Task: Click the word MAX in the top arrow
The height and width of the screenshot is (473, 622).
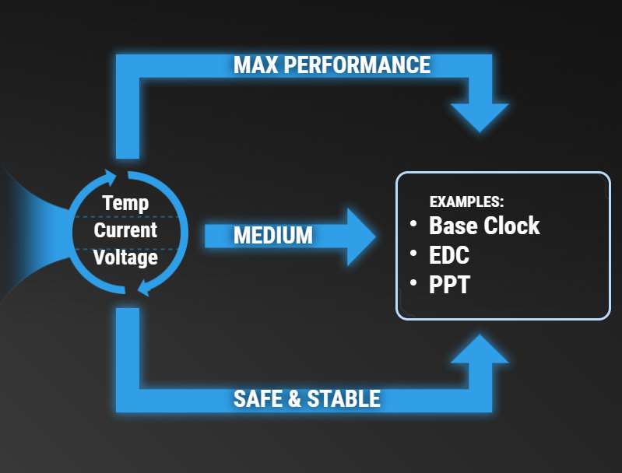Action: click(x=256, y=65)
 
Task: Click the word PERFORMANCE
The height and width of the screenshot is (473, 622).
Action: click(x=357, y=65)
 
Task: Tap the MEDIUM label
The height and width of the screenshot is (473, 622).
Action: click(x=273, y=236)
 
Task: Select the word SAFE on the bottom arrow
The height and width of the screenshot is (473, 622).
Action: click(x=258, y=398)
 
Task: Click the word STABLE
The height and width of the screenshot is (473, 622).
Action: click(x=344, y=398)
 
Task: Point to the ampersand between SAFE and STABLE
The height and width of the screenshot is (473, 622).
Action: click(x=295, y=398)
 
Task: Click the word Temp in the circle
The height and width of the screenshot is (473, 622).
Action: click(x=125, y=204)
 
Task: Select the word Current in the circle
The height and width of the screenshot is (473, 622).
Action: click(x=125, y=230)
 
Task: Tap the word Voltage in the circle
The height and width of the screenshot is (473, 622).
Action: click(x=125, y=258)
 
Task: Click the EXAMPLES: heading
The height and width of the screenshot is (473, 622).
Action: click(x=466, y=201)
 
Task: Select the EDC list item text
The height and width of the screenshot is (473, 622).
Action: click(x=449, y=255)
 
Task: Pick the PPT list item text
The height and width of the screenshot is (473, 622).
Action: click(x=449, y=284)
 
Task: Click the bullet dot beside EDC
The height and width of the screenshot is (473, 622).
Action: click(x=413, y=253)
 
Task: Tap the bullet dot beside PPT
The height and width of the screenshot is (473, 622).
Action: click(x=413, y=282)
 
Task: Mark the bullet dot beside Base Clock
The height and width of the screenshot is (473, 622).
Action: click(x=413, y=223)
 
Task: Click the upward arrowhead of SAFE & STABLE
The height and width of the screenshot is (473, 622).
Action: click(x=480, y=350)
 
